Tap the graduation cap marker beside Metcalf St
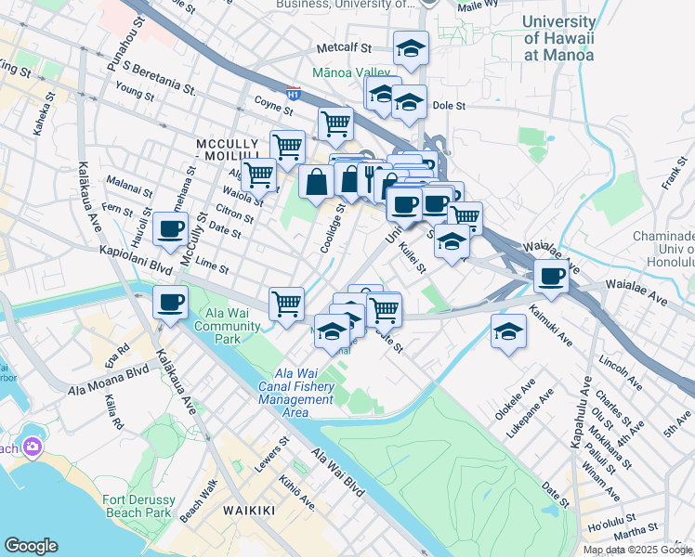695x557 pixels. tap(411, 47)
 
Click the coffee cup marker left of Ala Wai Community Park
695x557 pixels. tap(170, 303)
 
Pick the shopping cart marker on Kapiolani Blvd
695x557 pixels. tap(286, 303)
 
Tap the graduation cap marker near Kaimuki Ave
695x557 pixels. tap(508, 331)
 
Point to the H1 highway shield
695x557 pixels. tap(294, 94)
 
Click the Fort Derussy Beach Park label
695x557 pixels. tap(138, 505)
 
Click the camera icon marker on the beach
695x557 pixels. tap(33, 447)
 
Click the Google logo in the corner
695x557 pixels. tap(31, 546)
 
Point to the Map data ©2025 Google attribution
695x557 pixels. tap(637, 550)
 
